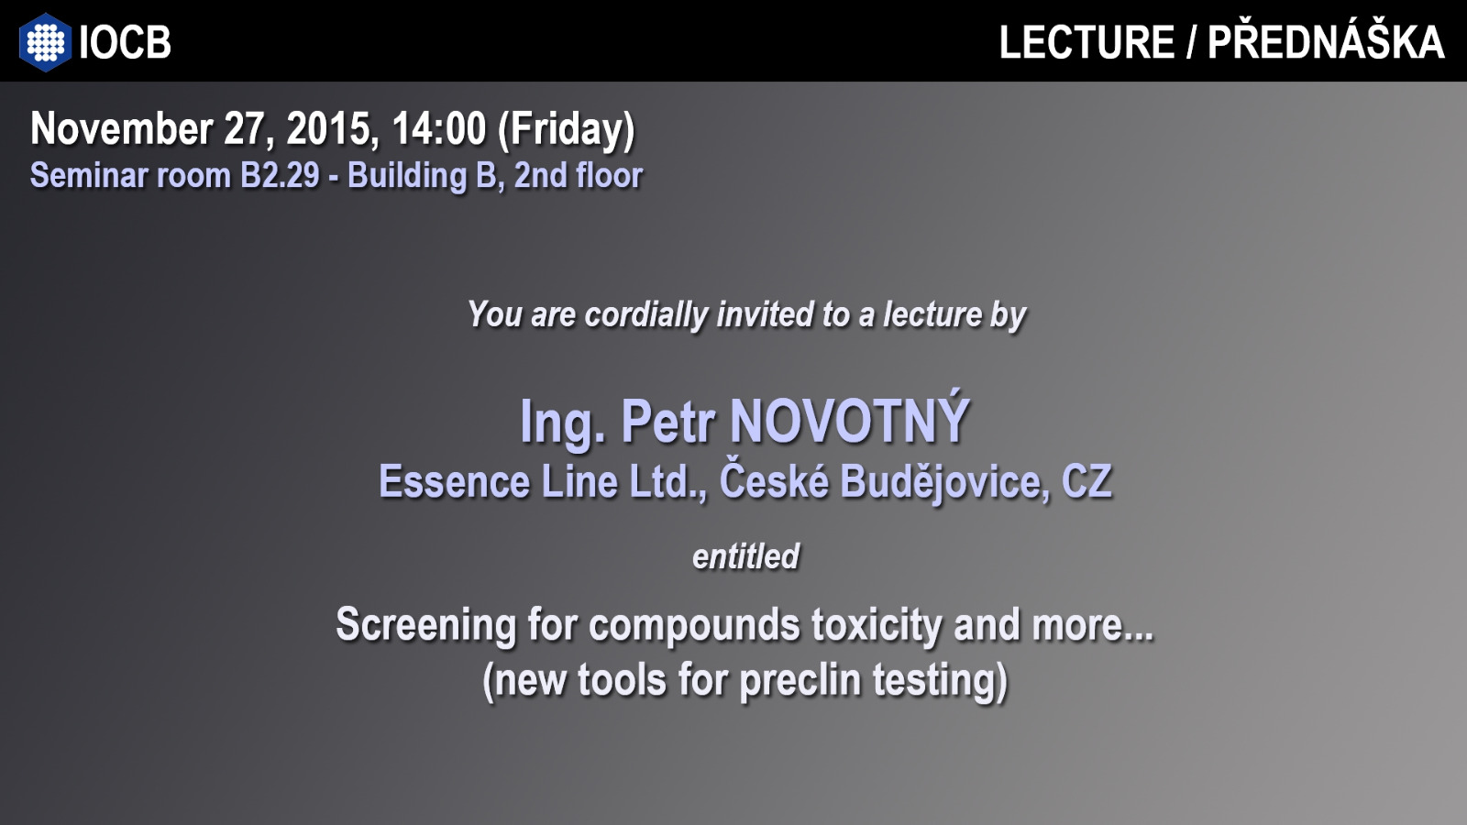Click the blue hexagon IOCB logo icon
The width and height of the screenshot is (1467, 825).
[x=45, y=42]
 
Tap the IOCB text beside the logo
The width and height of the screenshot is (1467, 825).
[x=125, y=42]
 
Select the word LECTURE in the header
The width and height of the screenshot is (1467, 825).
[x=1086, y=42]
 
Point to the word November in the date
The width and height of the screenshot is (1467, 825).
[x=121, y=128]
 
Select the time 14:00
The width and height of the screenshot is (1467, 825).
[x=439, y=128]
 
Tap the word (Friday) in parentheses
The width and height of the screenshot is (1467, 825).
[x=567, y=131]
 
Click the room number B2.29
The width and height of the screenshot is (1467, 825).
[x=280, y=175]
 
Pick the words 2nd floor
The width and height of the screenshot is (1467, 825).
[x=579, y=175]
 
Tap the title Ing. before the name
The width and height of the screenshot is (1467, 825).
[x=563, y=423]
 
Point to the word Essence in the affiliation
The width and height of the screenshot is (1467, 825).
[x=455, y=482]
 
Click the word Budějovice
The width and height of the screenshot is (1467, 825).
[x=941, y=482]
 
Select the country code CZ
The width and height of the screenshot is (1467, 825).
[x=1086, y=482]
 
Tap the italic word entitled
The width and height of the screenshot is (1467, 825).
[x=746, y=556]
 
